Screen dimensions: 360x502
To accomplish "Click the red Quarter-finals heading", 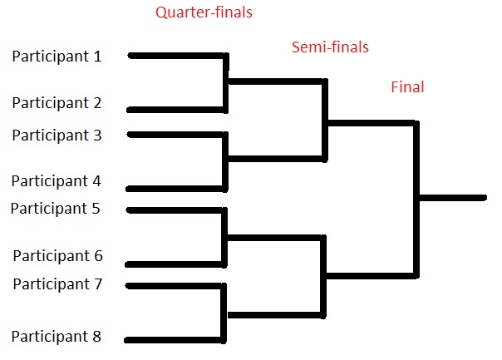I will click(x=204, y=12).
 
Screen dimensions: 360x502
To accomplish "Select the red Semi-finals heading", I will click(x=330, y=47).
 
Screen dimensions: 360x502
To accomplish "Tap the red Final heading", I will click(x=407, y=86).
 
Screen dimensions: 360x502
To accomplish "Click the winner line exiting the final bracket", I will click(x=453, y=198).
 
